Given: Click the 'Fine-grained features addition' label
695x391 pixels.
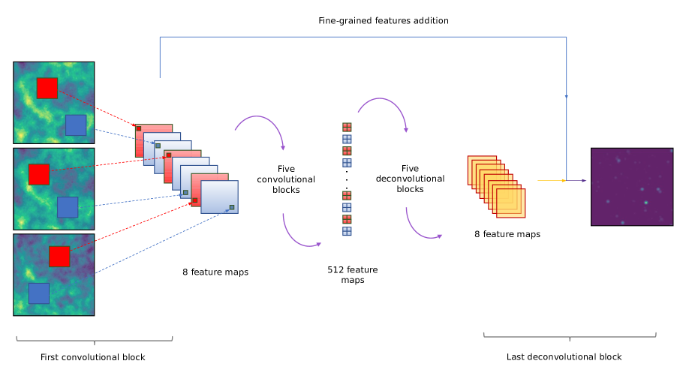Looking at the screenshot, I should [383, 20].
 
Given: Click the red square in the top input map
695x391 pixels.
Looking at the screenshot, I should [47, 88].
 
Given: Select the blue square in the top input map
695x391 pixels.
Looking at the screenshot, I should [76, 125].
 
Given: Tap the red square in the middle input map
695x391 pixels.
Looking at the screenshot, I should [38, 174].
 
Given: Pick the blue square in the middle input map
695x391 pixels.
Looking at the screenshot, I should [68, 207].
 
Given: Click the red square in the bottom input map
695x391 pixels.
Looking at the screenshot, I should [59, 257].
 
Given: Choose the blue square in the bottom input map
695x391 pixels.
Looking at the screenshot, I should [39, 293].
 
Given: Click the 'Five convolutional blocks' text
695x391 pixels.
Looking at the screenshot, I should [285, 179].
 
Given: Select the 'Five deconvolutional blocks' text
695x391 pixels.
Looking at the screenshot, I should [410, 179].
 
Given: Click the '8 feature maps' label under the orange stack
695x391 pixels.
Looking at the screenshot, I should [507, 234].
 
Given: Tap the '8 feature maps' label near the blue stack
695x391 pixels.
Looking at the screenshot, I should [215, 272].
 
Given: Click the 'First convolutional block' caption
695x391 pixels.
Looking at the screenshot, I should [92, 357].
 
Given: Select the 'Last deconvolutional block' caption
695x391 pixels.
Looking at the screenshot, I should [564, 356].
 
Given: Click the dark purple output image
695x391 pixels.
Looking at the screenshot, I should [631, 186].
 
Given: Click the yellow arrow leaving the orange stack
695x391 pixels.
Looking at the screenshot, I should [549, 181].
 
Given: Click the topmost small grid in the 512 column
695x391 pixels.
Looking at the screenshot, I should [347, 127].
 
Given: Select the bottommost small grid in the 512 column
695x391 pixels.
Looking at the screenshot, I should [347, 231].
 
